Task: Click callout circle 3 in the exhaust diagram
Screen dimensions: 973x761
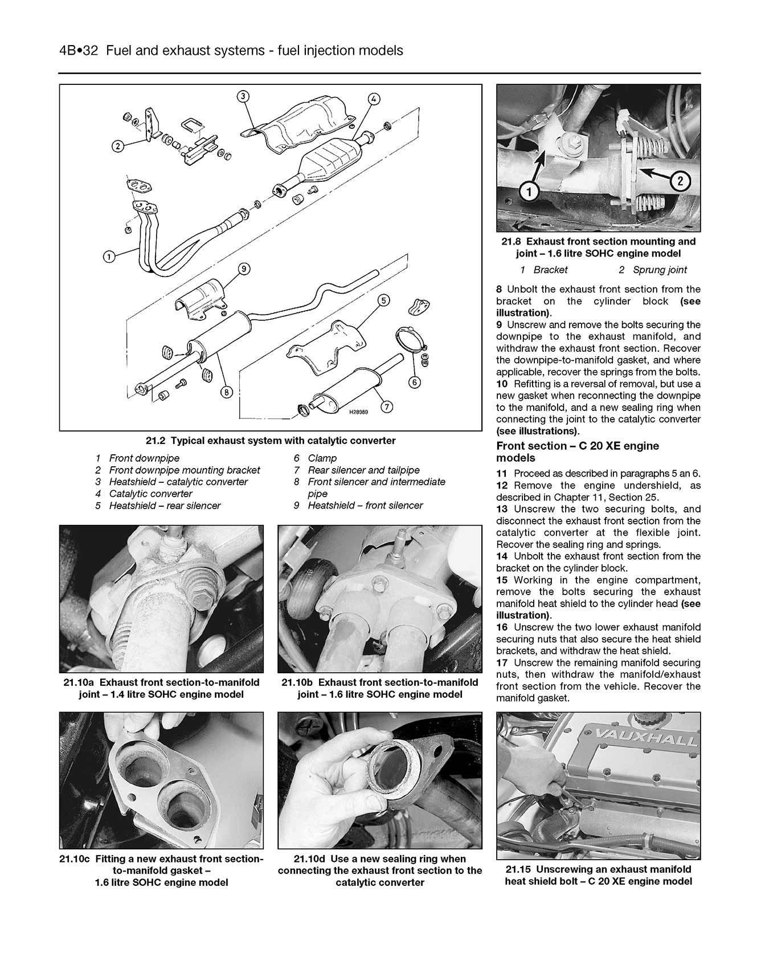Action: [243, 96]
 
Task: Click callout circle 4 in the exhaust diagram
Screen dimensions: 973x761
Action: [373, 99]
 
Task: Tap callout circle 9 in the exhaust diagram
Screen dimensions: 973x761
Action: [244, 269]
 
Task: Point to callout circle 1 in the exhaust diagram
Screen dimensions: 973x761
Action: [109, 257]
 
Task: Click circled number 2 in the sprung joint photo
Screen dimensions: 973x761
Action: [680, 182]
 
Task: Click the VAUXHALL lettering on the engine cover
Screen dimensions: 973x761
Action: [647, 736]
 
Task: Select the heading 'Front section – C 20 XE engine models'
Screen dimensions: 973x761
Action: [577, 451]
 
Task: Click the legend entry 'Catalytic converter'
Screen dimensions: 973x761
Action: [150, 494]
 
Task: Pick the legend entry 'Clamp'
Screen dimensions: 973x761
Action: [322, 458]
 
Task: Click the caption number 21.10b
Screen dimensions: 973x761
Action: [298, 682]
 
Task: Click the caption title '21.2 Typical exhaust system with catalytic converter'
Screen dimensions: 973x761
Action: [270, 441]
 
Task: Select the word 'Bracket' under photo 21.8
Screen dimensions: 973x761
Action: [550, 270]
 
